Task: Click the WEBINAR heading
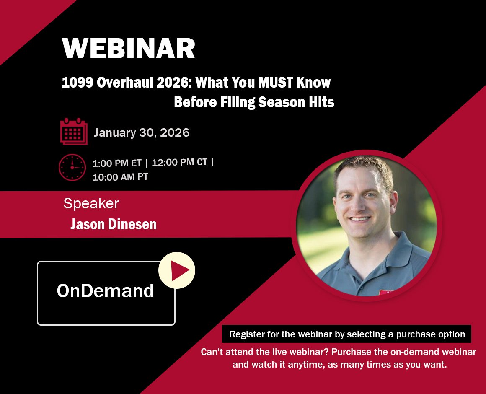(x=128, y=49)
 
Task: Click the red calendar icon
(x=74, y=131)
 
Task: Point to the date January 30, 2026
(x=142, y=133)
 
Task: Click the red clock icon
(x=72, y=167)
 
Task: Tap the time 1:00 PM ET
(x=117, y=163)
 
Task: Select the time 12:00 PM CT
(x=179, y=162)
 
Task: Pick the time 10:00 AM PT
(x=120, y=177)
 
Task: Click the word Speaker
(x=91, y=204)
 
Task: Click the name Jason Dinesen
(x=114, y=224)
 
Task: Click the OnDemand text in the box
(x=106, y=291)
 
